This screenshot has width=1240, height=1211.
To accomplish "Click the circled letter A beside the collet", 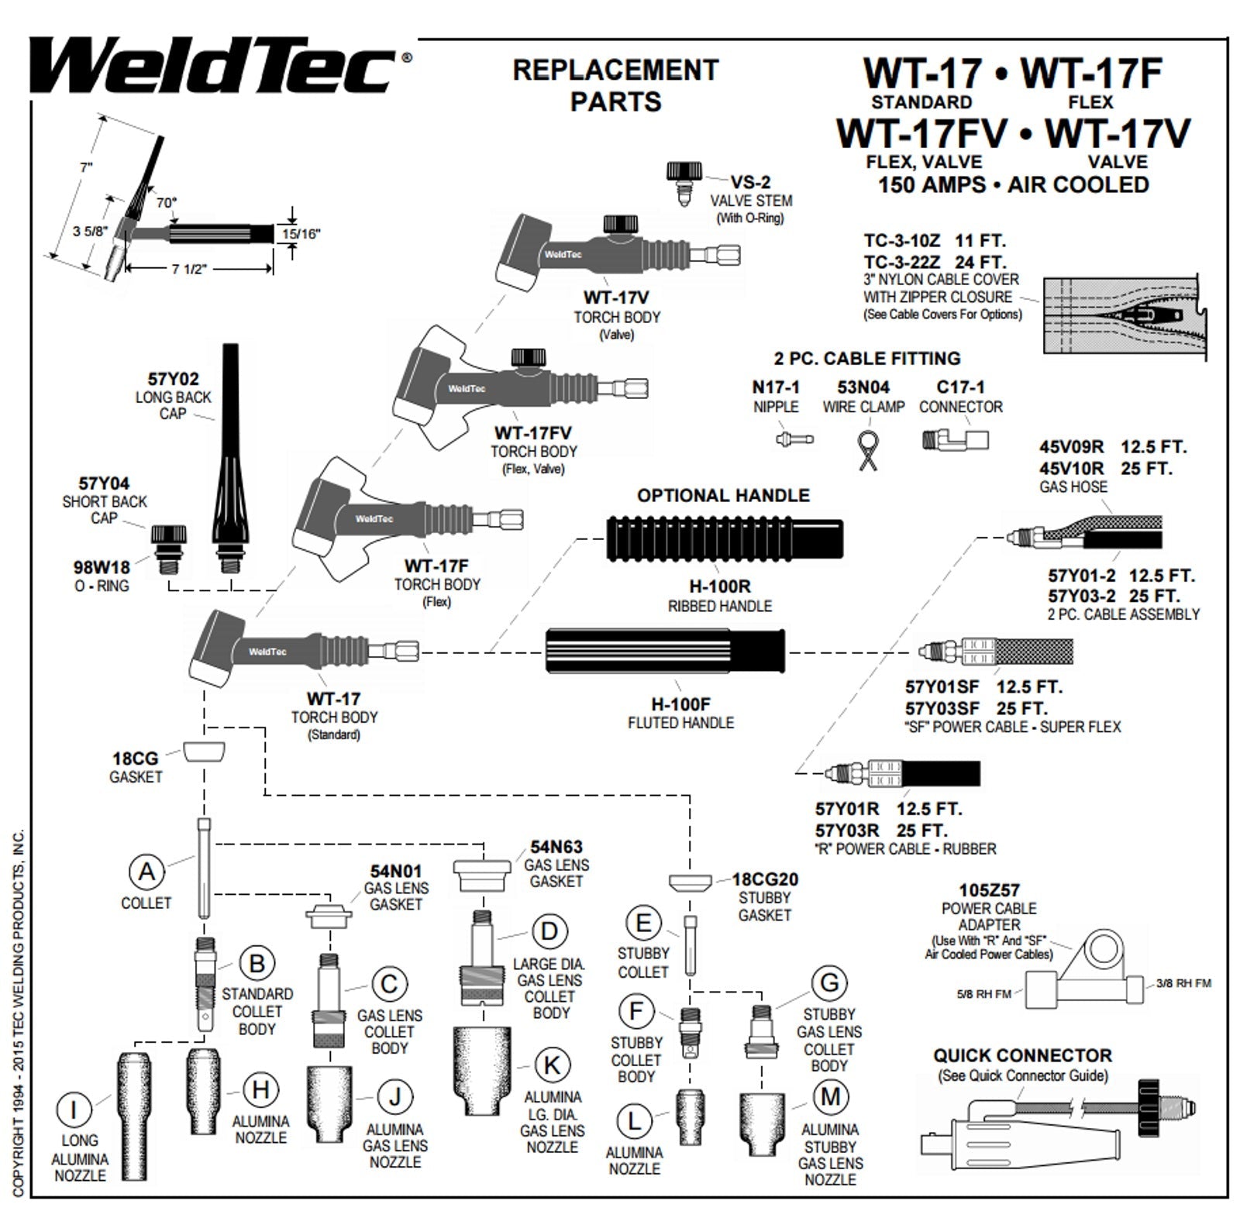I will click(146, 872).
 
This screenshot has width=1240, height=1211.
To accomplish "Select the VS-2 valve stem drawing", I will click(684, 181).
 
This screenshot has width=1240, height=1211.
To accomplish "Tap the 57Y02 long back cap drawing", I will click(230, 457).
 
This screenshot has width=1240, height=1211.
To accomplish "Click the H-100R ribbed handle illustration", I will click(724, 538).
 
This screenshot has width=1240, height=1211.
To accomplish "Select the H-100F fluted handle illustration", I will click(665, 654).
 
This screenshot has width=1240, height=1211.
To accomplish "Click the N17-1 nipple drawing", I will click(793, 439).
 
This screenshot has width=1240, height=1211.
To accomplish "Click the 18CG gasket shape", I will click(205, 751).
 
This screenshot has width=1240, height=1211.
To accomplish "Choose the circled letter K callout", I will click(551, 1065).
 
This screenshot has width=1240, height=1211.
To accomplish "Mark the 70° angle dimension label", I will click(167, 202).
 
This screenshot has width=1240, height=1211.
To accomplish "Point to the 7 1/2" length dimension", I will click(190, 269).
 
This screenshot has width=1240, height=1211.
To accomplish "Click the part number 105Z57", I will click(989, 890).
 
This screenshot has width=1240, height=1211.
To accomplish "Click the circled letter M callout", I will click(830, 1097).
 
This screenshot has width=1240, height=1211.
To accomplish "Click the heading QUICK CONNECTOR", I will click(1022, 1055).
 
